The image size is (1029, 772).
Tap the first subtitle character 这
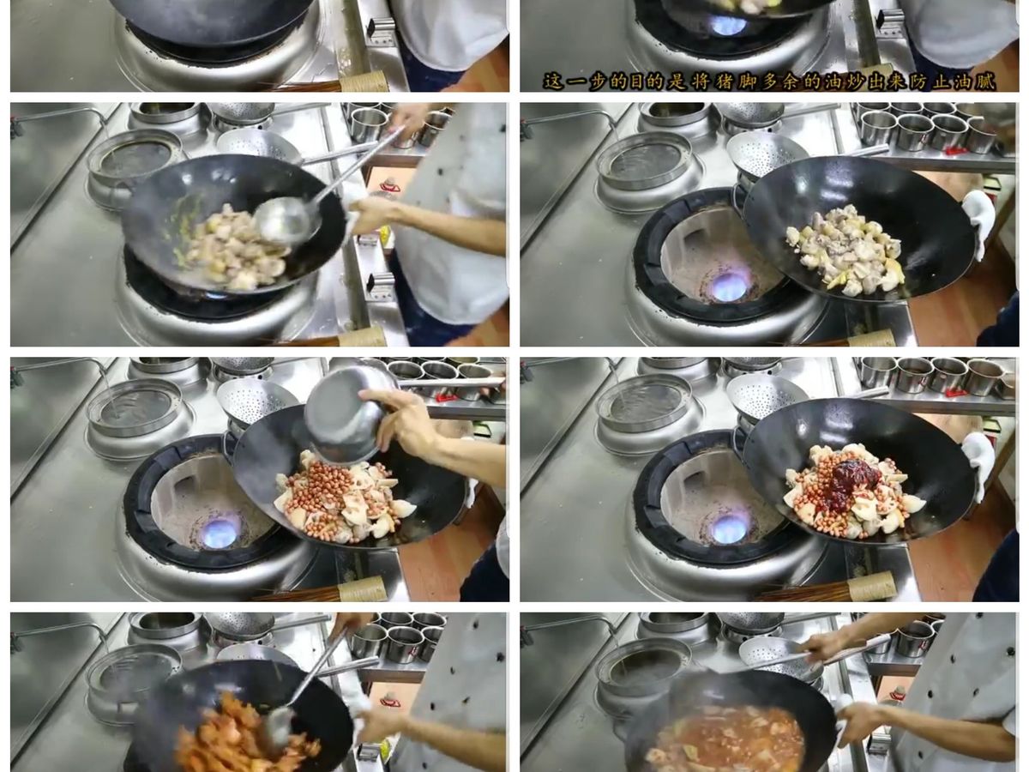tap(554, 82)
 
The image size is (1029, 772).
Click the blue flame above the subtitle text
tap(727, 26)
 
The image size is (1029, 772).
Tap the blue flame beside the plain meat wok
tap(728, 287)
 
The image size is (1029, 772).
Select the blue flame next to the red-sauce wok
tap(728, 529)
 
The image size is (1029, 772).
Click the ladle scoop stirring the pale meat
tap(284, 220)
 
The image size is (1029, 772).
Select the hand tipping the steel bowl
tap(403, 422)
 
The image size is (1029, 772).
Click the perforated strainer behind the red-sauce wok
tap(763, 397)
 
